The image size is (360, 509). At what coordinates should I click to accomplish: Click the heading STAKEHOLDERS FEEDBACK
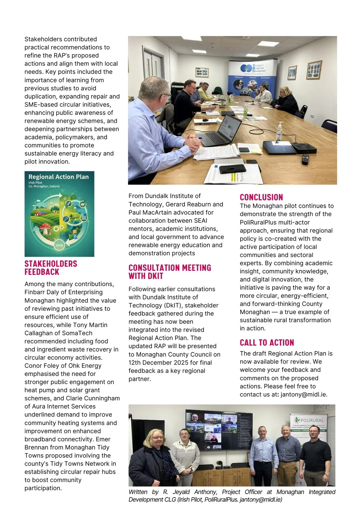[x=51, y=268]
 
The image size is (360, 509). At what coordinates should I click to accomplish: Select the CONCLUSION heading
[x=261, y=197]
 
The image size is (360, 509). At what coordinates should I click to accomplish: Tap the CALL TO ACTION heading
[x=267, y=343]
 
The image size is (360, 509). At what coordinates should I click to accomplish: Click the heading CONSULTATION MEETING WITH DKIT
[x=170, y=272]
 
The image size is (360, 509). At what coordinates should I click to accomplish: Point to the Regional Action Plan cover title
[x=59, y=177]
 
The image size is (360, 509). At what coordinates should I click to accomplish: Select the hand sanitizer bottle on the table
[x=279, y=132]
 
